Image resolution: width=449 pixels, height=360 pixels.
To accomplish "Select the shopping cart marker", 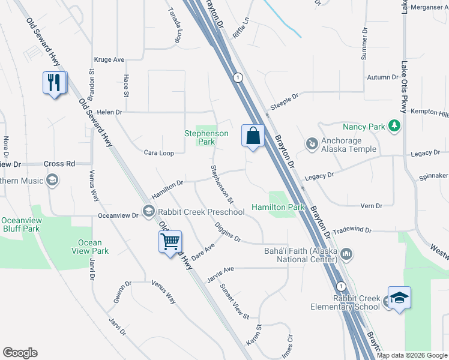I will (x=170, y=242).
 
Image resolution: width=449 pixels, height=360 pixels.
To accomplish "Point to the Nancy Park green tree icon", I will (x=394, y=126).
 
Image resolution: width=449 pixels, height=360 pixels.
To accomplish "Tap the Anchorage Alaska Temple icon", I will (x=312, y=144).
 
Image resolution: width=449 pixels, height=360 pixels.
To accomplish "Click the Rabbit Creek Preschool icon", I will (x=148, y=211).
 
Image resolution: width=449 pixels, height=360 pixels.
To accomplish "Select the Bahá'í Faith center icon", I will (x=346, y=255).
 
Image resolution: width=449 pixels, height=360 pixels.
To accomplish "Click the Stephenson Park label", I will (x=206, y=137).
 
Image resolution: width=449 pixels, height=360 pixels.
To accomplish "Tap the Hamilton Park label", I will (x=279, y=206).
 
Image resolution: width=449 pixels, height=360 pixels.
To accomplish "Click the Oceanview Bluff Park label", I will (x=20, y=224).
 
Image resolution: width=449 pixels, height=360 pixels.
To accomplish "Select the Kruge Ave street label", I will (x=109, y=60).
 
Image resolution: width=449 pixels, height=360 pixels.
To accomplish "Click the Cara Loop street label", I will (x=159, y=153).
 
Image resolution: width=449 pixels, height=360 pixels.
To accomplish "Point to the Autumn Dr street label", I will (x=382, y=77).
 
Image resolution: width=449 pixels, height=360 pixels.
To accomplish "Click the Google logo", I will (x=20, y=353).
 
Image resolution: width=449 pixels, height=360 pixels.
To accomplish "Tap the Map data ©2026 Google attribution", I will (x=412, y=355).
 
